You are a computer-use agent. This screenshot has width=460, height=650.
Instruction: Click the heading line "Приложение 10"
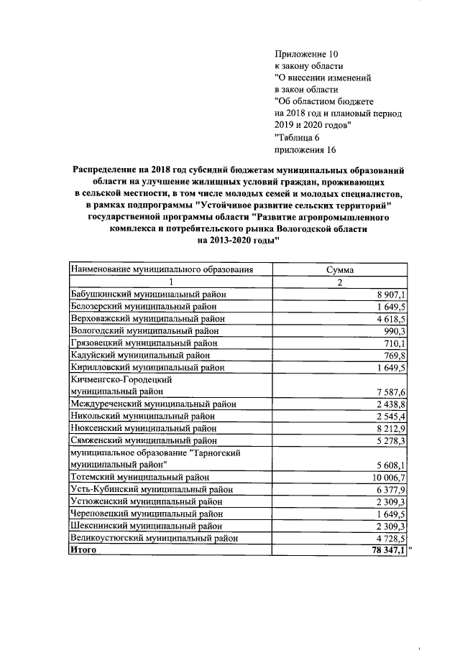click(x=305, y=54)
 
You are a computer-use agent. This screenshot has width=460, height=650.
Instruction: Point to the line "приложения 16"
click(x=305, y=150)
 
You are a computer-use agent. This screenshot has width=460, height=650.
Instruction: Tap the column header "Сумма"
click(x=338, y=270)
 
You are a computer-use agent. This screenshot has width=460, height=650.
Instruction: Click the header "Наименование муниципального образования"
click(x=162, y=270)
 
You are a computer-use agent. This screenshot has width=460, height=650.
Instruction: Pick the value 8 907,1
click(x=391, y=294)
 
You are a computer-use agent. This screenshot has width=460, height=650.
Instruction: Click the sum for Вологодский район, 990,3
click(x=394, y=330)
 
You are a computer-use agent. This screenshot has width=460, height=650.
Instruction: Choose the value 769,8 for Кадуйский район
click(x=394, y=355)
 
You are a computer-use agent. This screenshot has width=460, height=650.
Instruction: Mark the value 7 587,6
click(x=391, y=391)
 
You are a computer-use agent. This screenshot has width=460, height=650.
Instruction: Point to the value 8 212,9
click(x=391, y=428)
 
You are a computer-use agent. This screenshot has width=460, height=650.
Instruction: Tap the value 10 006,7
click(x=389, y=477)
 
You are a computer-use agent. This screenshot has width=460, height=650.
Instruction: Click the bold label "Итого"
click(x=83, y=550)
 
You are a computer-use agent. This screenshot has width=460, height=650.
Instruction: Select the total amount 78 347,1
click(x=388, y=550)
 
